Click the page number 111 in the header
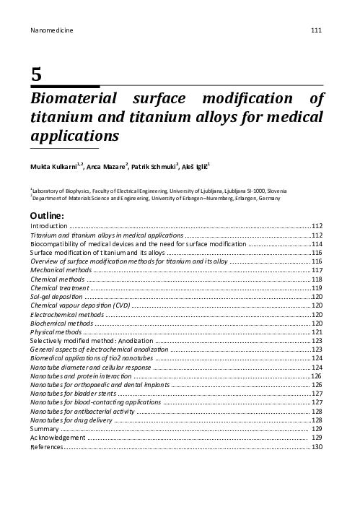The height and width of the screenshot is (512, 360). coord(316,30)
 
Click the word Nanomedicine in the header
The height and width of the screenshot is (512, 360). coord(53,30)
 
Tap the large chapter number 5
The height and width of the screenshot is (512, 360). coord(36,74)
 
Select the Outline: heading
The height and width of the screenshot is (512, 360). coord(47,215)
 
